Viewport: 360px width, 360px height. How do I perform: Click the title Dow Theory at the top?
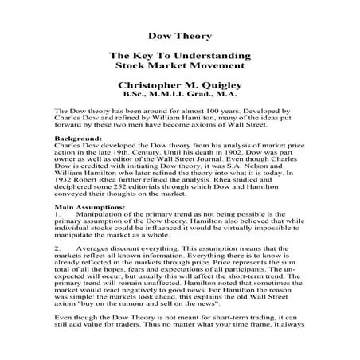pyautogui.click(x=179, y=36)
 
